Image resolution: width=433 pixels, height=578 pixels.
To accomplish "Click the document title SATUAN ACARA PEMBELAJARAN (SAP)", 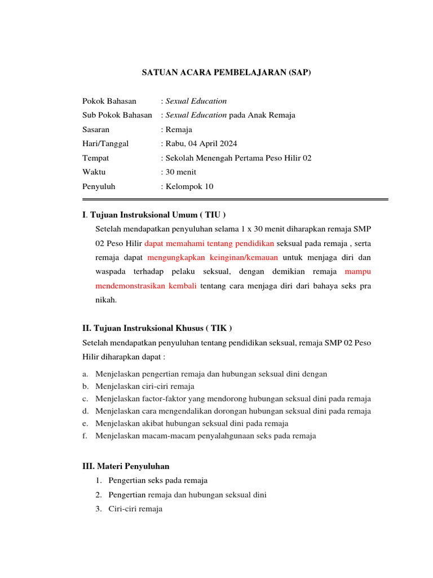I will point(225,72).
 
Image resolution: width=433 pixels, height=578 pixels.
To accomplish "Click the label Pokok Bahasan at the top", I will point(109,101).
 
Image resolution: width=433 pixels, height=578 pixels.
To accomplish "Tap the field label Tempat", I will point(96,158).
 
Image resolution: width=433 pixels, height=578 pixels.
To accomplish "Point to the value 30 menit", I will point(180,172).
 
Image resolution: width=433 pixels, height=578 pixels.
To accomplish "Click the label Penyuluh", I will point(99,186).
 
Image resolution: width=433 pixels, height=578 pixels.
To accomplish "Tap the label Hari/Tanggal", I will point(105,143).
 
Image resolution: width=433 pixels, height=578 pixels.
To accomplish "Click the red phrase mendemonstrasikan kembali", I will point(146,286).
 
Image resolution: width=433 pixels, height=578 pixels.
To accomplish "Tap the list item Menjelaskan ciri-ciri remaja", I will point(145,386).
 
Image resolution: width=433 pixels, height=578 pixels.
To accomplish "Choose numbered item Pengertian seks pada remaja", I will point(158,480).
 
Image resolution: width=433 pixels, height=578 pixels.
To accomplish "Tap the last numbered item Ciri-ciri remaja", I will point(135,509).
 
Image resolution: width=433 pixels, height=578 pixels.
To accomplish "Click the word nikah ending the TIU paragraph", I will point(105,300).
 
